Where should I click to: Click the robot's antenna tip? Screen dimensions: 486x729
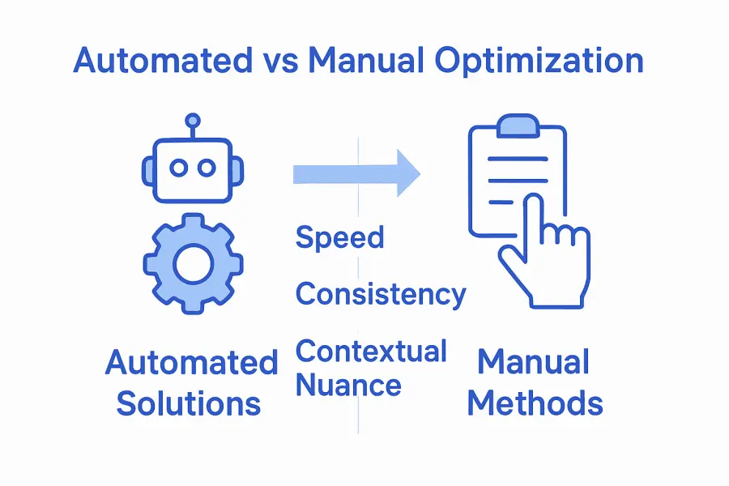click(x=193, y=120)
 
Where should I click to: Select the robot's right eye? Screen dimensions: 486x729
click(x=207, y=168)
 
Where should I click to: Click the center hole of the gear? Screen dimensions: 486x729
click(x=193, y=264)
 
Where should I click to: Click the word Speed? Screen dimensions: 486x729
click(x=339, y=238)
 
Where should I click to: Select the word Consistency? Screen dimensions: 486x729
click(x=381, y=293)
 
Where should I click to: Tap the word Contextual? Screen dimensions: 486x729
click(x=371, y=352)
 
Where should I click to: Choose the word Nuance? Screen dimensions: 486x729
click(x=348, y=385)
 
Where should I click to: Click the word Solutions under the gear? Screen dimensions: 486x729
click(x=189, y=403)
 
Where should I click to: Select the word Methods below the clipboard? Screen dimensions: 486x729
click(x=535, y=403)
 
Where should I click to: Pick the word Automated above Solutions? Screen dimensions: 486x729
click(x=192, y=362)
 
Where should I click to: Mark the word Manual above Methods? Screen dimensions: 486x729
click(x=533, y=362)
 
